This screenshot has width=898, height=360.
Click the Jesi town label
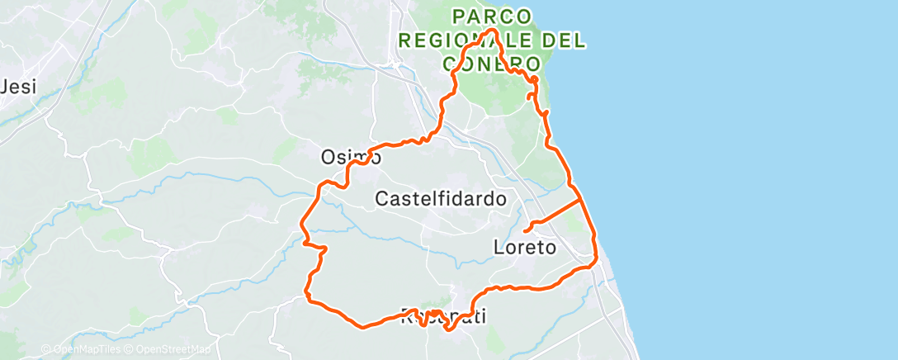click(20, 87)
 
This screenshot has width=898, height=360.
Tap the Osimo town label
click(351, 157)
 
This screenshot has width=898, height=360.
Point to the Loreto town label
click(524, 247)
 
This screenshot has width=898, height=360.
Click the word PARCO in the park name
click(492, 16)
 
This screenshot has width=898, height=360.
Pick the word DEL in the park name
click(568, 40)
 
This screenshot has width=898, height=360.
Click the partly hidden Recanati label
click(443, 315)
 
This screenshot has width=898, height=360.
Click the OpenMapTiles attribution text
click(83, 350)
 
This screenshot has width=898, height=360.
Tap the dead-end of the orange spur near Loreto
click(526, 230)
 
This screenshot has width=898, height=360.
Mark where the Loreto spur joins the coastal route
click(581, 199)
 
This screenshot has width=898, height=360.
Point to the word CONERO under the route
click(492, 64)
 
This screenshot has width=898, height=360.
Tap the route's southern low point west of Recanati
click(362, 325)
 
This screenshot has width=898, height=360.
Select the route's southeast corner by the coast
click(596, 263)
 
